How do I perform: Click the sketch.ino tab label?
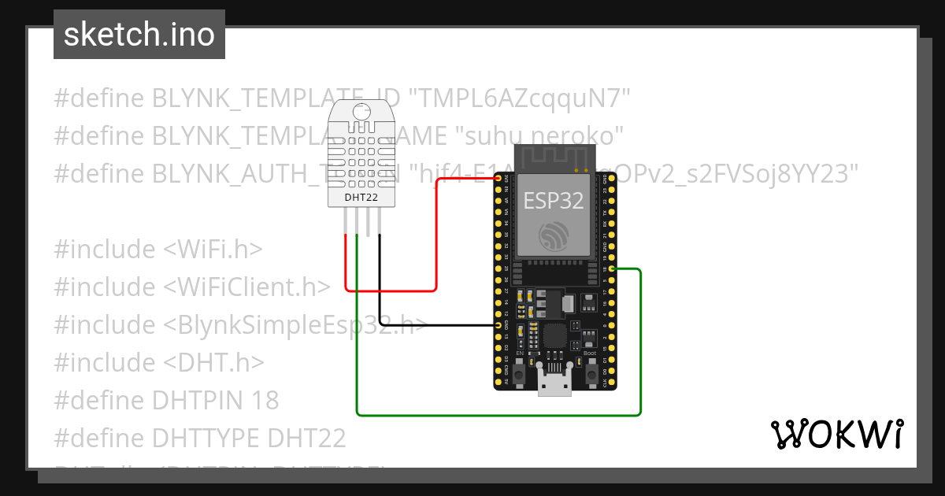(139, 35)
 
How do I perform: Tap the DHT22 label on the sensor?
(361, 198)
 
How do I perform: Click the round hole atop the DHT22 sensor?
(361, 113)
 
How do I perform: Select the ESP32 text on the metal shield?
(554, 200)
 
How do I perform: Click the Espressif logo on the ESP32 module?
(554, 238)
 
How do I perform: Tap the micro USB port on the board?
(554, 383)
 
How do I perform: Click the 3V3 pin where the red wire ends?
(498, 179)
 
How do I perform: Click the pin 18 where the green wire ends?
(612, 269)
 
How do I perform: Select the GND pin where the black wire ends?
(498, 325)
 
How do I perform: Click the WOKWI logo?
(836, 434)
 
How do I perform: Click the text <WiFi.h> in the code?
(213, 249)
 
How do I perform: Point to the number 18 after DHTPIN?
(265, 400)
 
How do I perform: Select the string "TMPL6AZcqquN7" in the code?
(521, 98)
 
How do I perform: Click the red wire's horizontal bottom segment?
(391, 291)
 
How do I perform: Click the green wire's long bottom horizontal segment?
(496, 414)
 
